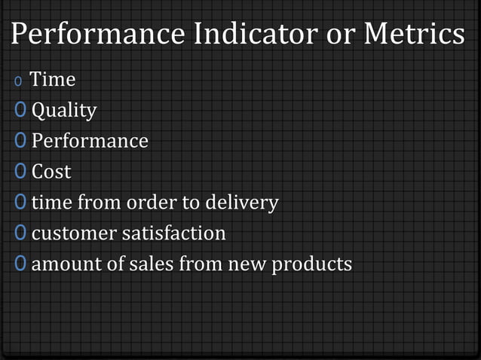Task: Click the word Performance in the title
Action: click(x=97, y=35)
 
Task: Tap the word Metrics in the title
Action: click(x=414, y=35)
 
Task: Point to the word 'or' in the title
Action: click(x=345, y=36)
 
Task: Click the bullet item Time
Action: click(x=52, y=79)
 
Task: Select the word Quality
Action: click(x=64, y=111)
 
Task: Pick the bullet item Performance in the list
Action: click(x=90, y=142)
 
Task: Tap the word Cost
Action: click(x=51, y=172)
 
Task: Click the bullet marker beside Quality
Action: click(x=20, y=111)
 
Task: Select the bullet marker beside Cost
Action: click(x=20, y=172)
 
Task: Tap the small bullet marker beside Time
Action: click(x=18, y=81)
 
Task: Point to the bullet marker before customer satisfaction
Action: click(x=20, y=233)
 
